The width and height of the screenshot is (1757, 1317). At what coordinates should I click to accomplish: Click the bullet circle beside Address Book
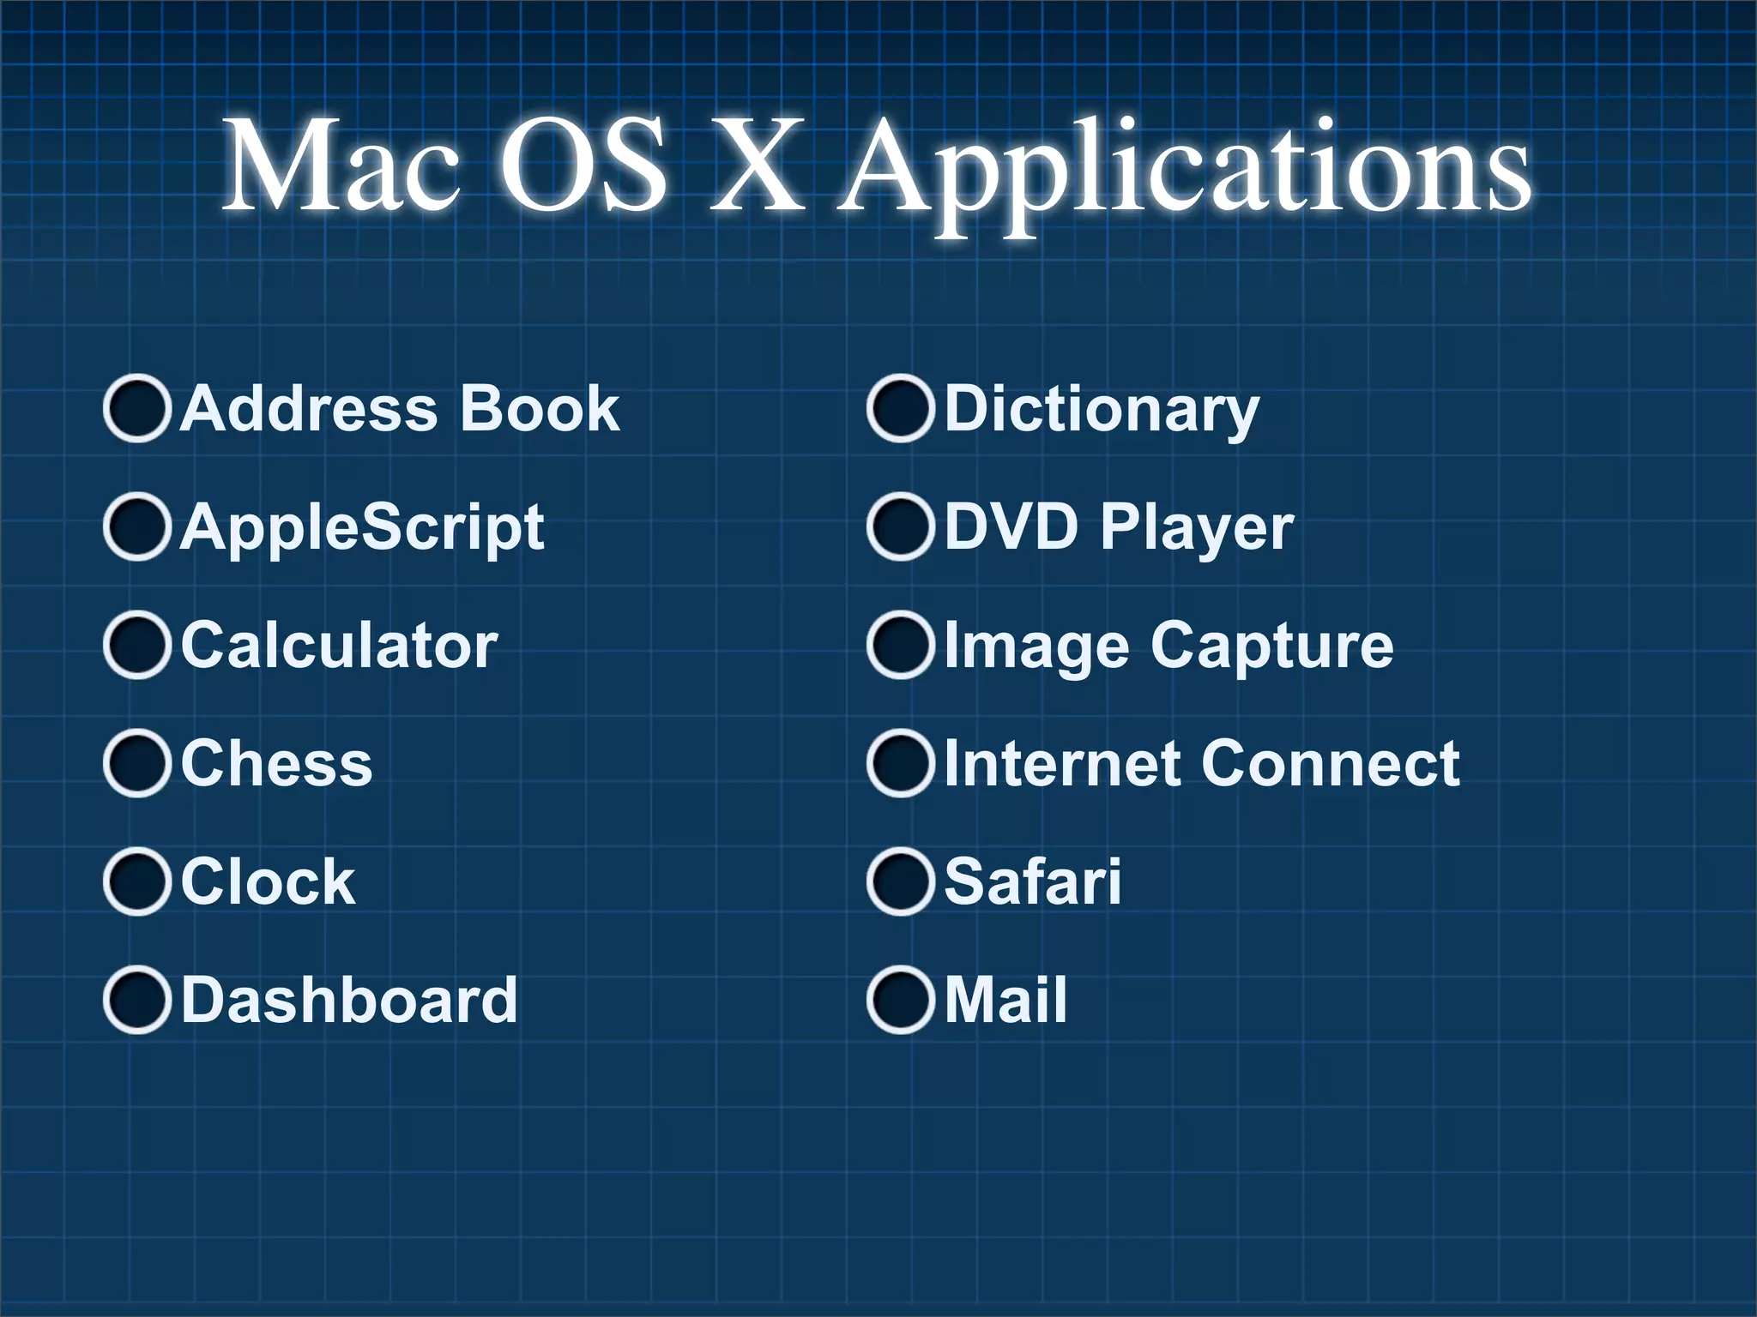pos(136,408)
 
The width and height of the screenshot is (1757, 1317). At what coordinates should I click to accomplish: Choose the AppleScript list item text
pos(362,527)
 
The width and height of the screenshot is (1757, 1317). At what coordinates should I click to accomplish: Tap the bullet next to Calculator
pos(136,645)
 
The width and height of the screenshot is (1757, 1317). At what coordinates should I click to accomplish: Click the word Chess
pos(276,763)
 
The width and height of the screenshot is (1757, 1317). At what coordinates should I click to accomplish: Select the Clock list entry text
pos(268,881)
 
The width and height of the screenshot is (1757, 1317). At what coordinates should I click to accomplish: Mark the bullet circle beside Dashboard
pos(136,1000)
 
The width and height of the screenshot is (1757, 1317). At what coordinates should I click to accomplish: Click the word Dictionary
pos(1102,410)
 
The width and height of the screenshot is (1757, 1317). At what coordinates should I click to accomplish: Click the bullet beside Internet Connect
pos(900,763)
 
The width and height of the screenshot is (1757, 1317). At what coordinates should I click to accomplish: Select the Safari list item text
pos(1032,881)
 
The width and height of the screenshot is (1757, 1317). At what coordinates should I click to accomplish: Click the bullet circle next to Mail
pos(900,1000)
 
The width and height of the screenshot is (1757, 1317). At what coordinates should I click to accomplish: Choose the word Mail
pos(1005,1000)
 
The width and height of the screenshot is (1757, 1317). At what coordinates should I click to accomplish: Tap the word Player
pos(1196,528)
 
